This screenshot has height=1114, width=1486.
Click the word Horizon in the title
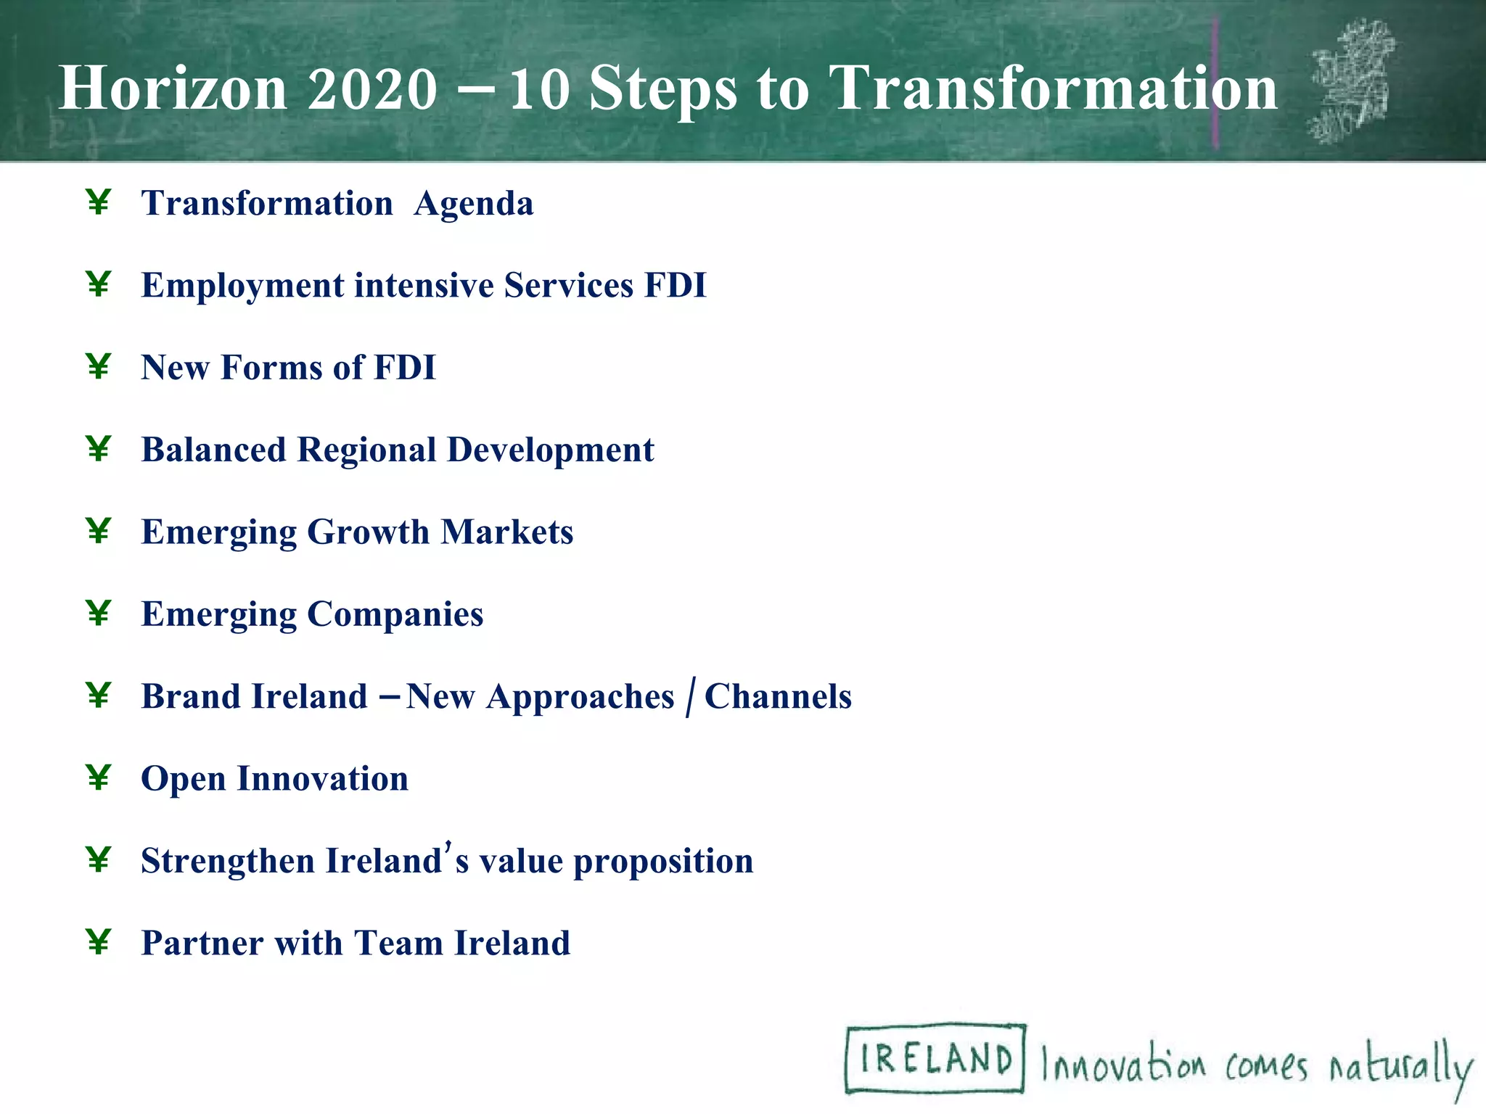click(173, 88)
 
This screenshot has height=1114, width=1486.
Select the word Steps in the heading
click(662, 88)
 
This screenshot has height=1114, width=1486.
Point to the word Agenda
click(473, 204)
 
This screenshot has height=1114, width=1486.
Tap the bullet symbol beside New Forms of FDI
click(98, 366)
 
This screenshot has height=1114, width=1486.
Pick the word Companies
click(395, 614)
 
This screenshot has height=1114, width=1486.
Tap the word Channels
click(778, 696)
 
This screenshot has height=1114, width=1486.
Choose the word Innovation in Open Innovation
click(322, 779)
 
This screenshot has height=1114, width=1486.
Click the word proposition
click(663, 862)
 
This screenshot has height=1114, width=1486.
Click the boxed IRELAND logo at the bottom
click(935, 1058)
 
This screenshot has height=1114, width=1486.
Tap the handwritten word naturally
click(1400, 1067)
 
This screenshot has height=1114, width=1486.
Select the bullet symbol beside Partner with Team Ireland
click(98, 942)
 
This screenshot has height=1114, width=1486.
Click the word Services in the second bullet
click(568, 285)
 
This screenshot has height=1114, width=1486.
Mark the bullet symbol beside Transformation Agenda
click(98, 202)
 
